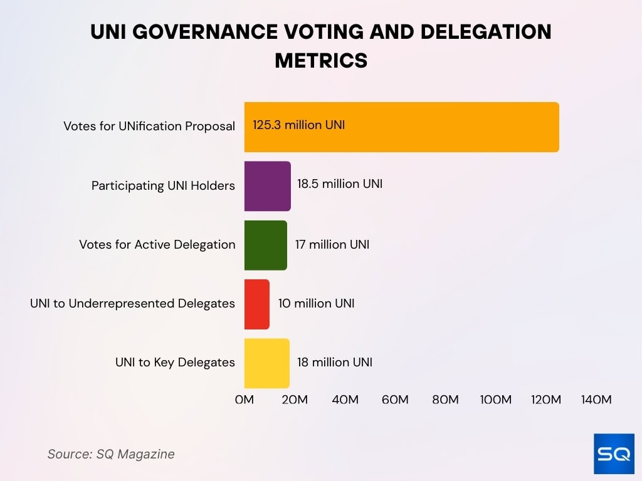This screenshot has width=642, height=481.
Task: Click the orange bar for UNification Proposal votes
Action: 401,127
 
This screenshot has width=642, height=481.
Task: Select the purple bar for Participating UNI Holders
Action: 267,186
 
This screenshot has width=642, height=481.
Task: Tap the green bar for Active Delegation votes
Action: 265,245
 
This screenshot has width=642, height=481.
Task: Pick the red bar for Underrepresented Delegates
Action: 257,304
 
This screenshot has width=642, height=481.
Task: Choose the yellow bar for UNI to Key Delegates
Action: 266,363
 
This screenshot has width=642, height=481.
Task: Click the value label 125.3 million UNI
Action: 298,125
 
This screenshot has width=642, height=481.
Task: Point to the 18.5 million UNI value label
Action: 339,184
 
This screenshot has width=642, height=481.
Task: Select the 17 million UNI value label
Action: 332,244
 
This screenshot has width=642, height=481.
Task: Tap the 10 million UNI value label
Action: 316,303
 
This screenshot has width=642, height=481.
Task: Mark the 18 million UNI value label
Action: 334,362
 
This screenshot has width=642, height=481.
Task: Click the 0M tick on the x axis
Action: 244,400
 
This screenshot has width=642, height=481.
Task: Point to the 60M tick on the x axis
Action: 395,400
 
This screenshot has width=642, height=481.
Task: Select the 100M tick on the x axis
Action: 495,400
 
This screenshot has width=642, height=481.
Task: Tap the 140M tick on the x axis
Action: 596,400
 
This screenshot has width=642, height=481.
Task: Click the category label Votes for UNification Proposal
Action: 149,127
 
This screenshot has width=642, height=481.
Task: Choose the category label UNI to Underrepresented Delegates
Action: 132,304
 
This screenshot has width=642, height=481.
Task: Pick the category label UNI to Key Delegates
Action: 175,363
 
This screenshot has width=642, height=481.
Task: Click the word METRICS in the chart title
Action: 320,60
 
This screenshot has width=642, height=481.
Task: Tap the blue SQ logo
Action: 614,453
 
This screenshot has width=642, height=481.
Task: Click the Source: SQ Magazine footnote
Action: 111,454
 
